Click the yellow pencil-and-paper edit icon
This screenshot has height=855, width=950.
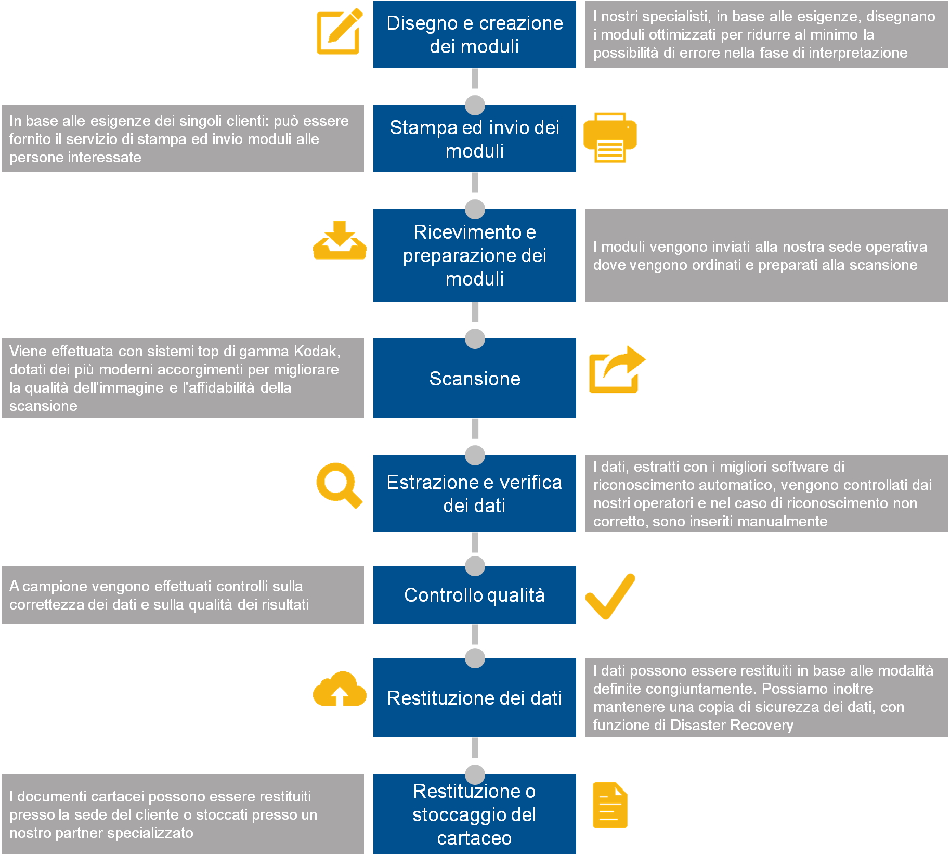click(339, 31)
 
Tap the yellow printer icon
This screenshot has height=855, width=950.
click(610, 137)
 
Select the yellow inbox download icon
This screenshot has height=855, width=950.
click(340, 240)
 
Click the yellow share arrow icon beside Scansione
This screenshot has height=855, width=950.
click(617, 370)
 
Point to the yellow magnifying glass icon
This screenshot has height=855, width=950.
click(339, 485)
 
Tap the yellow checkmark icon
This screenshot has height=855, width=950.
click(610, 596)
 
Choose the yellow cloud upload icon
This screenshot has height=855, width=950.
click(340, 689)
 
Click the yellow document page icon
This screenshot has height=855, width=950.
click(610, 805)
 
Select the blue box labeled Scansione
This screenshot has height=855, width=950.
click(475, 378)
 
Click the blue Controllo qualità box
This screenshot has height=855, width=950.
click(475, 595)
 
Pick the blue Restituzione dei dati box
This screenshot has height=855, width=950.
click(475, 697)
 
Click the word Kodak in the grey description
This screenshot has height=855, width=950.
click(317, 352)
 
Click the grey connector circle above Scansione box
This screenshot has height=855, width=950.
click(475, 339)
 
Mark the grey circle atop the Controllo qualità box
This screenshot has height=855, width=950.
click(475, 566)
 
